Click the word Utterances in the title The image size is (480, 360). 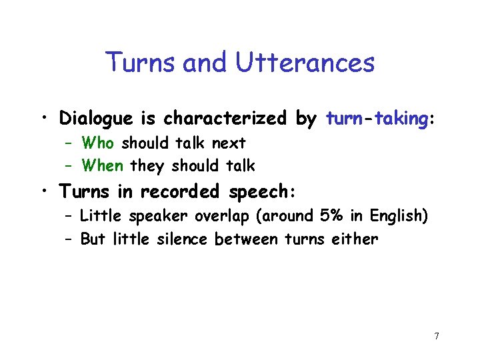coord(305,63)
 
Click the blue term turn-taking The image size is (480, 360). coord(376,119)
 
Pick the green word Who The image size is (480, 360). coord(99,143)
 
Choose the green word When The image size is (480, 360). coord(103,165)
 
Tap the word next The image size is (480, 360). coord(229,143)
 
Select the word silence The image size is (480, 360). coord(185,239)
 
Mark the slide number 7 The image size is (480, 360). coord(436,335)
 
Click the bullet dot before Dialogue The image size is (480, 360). coord(43,119)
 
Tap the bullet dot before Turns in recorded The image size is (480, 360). coord(43,193)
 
